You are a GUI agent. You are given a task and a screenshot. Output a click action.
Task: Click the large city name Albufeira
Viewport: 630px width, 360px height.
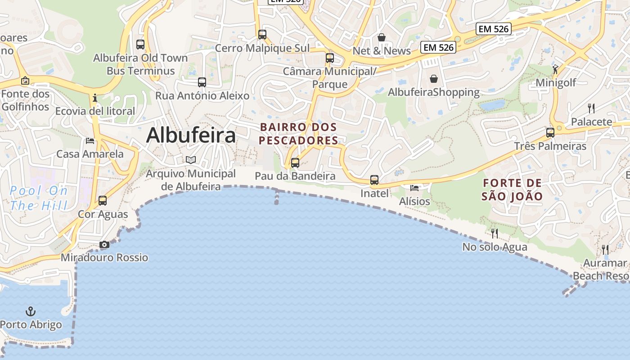pyautogui.click(x=191, y=135)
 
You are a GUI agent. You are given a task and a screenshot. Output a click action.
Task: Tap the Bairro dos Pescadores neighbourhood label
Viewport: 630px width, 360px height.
pyautogui.click(x=298, y=134)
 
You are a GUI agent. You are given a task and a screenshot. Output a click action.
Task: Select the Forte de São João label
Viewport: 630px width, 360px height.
pyautogui.click(x=512, y=189)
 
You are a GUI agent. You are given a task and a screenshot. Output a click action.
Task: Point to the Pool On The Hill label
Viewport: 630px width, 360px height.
pyautogui.click(x=39, y=198)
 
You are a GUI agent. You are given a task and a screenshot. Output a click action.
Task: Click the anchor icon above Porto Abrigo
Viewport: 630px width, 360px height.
pyautogui.click(x=31, y=311)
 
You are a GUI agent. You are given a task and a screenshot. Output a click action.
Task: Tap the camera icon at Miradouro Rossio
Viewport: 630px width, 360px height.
pyautogui.click(x=104, y=245)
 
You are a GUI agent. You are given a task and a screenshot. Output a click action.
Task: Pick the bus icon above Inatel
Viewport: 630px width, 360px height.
pyautogui.click(x=374, y=180)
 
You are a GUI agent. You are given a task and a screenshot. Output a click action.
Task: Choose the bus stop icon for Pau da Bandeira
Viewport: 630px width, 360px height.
pyautogui.click(x=295, y=162)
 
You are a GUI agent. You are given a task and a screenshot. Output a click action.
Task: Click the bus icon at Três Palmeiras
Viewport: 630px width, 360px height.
pyautogui.click(x=550, y=133)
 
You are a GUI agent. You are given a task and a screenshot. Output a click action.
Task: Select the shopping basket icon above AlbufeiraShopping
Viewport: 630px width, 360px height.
pyautogui.click(x=434, y=79)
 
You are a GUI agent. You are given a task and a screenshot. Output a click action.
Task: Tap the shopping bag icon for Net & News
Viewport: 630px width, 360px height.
pyautogui.click(x=382, y=37)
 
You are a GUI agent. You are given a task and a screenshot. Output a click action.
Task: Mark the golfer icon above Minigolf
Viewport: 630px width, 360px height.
pyautogui.click(x=555, y=69)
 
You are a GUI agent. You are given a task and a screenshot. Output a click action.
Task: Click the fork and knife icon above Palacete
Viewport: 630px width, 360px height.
pyautogui.click(x=591, y=108)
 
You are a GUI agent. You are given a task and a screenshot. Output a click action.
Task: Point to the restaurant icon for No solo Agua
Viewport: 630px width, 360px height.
pyautogui.click(x=495, y=233)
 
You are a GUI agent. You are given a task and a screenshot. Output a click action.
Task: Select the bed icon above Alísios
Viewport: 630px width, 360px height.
pyautogui.click(x=414, y=188)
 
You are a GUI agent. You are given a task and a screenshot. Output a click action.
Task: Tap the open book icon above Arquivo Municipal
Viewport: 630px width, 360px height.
pyautogui.click(x=191, y=160)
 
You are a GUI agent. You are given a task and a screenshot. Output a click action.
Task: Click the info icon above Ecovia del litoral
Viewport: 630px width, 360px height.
pyautogui.click(x=94, y=98)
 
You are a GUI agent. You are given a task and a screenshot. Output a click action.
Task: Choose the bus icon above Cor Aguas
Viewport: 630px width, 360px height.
pyautogui.click(x=103, y=200)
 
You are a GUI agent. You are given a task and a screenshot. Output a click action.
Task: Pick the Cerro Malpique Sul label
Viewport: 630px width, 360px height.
pyautogui.click(x=262, y=48)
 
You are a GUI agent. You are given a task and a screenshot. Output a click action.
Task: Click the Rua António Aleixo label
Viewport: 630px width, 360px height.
pyautogui.click(x=202, y=95)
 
